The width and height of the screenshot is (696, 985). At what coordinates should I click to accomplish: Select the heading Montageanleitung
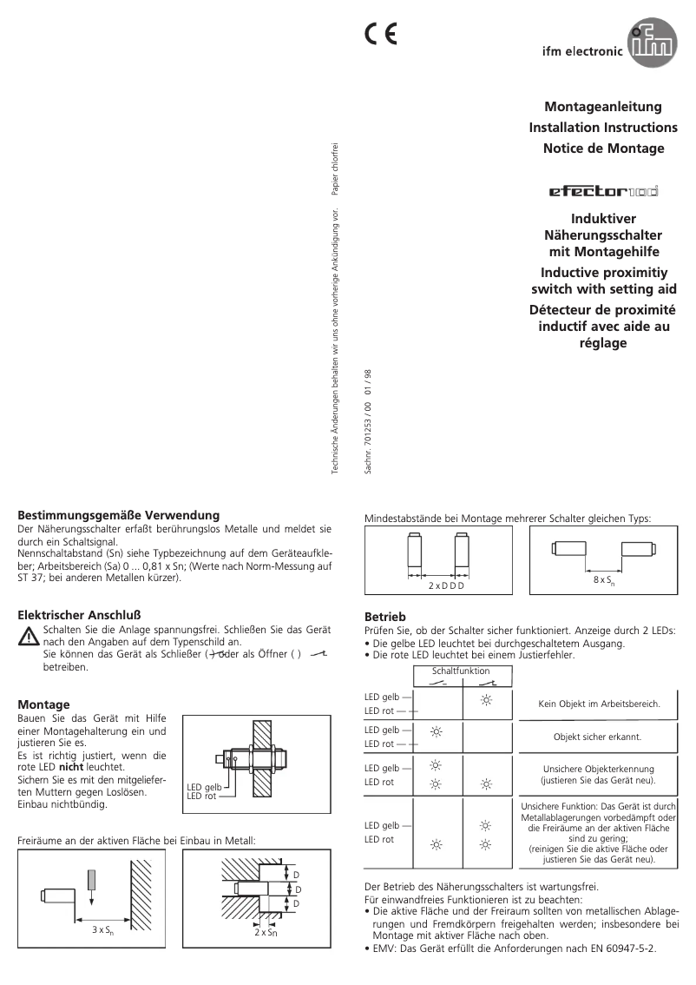pos(602,107)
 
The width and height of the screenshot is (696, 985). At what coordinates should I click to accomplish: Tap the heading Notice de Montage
pos(603,148)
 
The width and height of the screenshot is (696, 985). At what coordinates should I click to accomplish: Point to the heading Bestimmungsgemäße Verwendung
pos(118,515)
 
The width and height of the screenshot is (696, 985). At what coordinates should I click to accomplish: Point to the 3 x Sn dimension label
pos(102,929)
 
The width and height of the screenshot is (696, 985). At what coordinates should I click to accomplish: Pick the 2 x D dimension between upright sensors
pos(446,586)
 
